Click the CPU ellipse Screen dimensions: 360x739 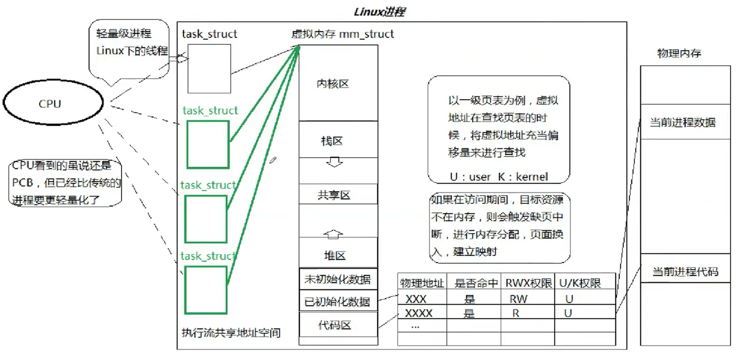[53, 103]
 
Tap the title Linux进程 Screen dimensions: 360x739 [379, 12]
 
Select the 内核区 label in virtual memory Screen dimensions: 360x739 [333, 84]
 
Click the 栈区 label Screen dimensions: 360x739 [332, 141]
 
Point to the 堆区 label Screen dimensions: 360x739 [334, 255]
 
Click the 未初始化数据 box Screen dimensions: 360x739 [337, 279]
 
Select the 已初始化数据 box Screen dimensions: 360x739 [337, 302]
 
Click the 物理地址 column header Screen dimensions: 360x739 [422, 283]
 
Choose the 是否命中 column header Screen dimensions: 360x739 [475, 283]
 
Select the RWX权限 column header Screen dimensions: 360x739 [528, 283]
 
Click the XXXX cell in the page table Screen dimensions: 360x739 [418, 313]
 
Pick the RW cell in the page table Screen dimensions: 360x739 [518, 299]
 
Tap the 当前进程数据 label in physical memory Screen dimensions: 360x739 [682, 122]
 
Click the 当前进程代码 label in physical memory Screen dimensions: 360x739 [685, 271]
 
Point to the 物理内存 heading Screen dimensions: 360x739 [679, 53]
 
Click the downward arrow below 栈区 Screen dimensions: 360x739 [334, 162]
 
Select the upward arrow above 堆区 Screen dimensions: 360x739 [333, 234]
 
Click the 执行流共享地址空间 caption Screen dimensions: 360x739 [231, 333]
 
